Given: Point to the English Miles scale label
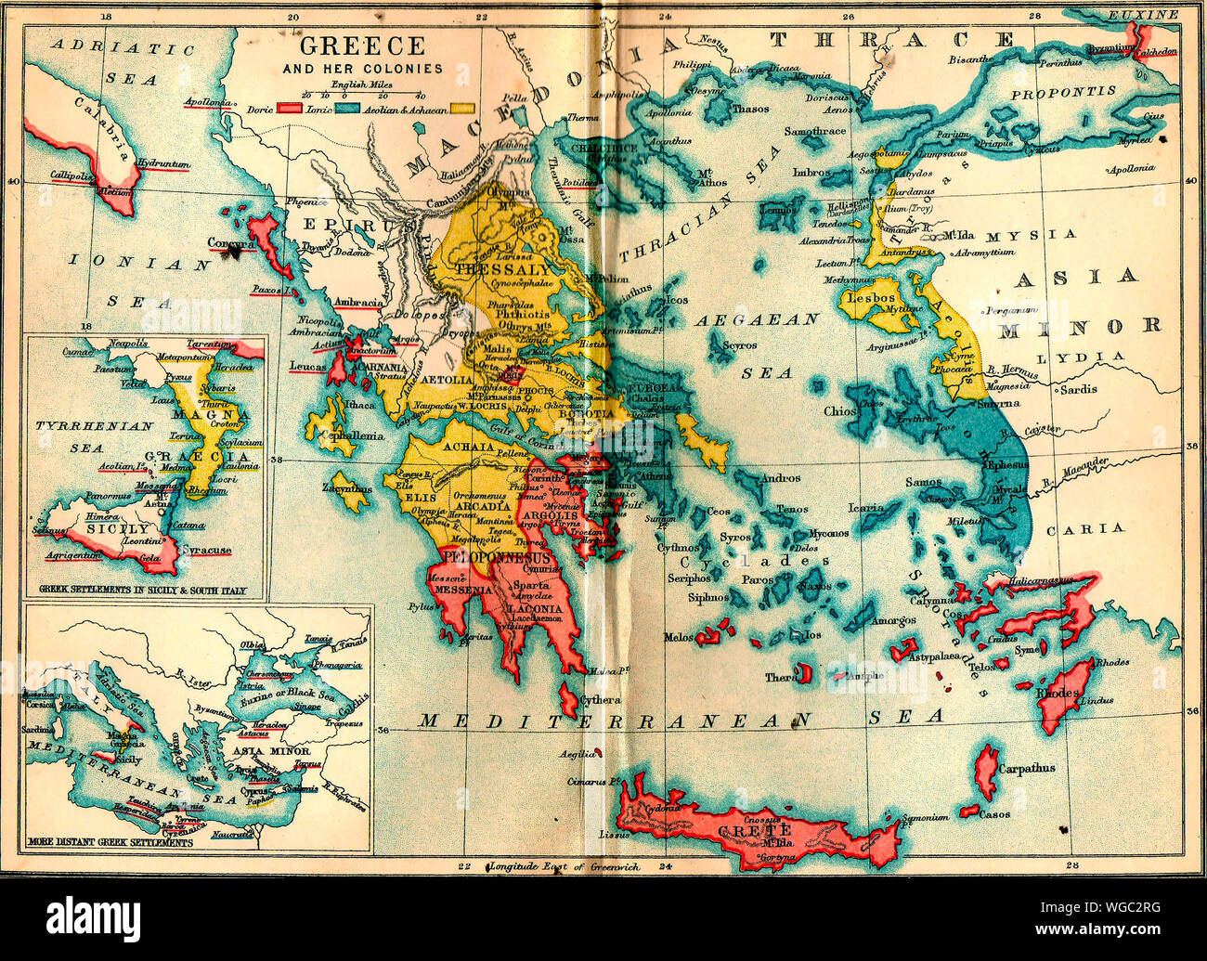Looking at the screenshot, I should [362, 84].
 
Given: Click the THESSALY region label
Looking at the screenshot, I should [491, 268].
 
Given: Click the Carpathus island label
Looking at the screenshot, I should [1026, 769].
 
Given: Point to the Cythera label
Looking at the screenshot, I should [600, 699].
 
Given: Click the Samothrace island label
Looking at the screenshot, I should [814, 132].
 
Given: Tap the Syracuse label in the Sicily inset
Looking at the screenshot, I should [206, 551].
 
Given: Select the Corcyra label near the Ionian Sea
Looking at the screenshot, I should [231, 243].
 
